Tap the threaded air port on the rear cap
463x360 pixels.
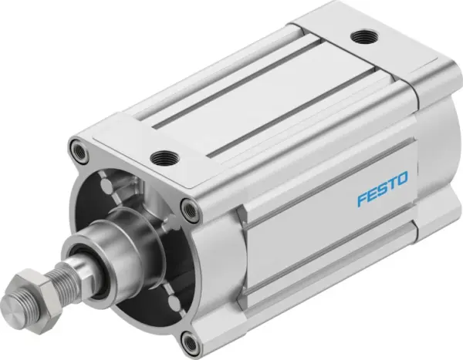(x=360, y=37)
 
